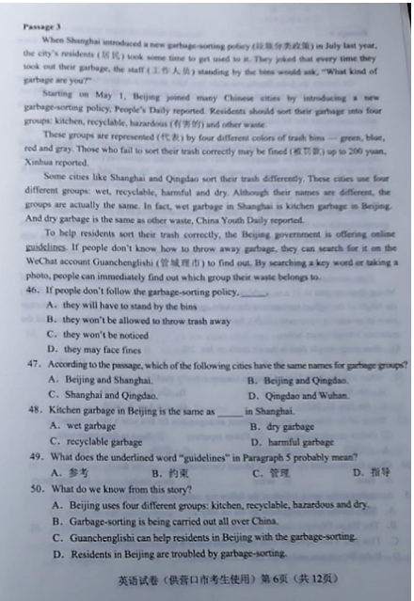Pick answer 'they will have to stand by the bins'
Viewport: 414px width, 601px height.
131,307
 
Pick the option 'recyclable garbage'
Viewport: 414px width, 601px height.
102,441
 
